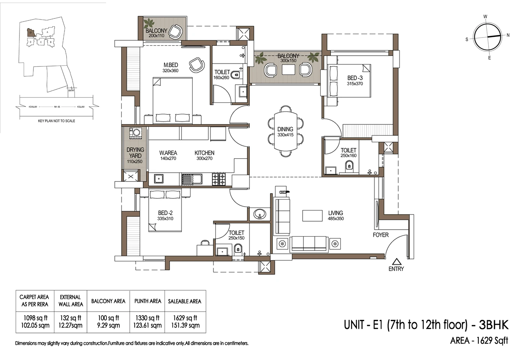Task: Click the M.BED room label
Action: [x=171, y=67]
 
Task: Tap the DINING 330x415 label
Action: [x=285, y=132]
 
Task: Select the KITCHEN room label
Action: [x=204, y=155]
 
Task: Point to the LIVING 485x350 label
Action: [x=336, y=215]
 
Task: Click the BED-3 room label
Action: [x=355, y=81]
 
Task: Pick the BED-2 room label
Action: [x=165, y=215]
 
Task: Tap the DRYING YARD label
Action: [x=135, y=155]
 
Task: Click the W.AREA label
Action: [x=168, y=155]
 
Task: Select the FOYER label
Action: [x=381, y=235]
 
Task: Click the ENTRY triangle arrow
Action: [x=396, y=262]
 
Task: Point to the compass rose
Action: [x=487, y=37]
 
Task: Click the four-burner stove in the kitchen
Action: [x=219, y=179]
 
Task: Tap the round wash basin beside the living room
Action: [x=259, y=214]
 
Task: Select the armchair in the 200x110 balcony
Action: [x=175, y=31]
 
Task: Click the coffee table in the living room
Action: [x=312, y=216]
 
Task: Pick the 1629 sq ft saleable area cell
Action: [x=185, y=321]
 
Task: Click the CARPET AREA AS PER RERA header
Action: [x=35, y=300]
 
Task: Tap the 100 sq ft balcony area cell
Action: [x=108, y=321]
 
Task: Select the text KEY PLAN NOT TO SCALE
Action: [x=57, y=121]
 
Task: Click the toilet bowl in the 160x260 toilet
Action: [x=235, y=75]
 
